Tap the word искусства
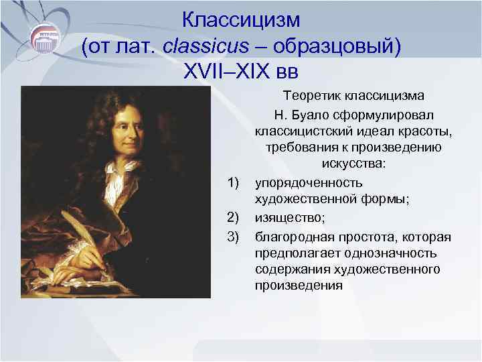[x=352, y=164]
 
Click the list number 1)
[x=234, y=182]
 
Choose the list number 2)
[x=234, y=217]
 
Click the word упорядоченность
[x=309, y=182]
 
